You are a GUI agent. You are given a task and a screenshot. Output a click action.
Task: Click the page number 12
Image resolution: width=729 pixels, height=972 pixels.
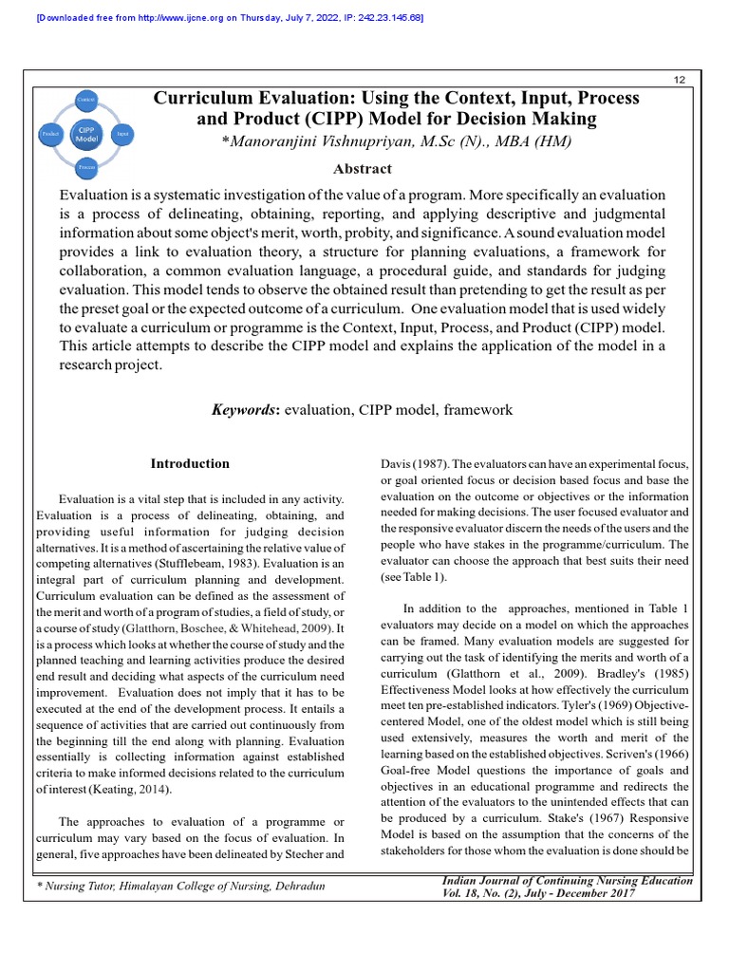(679, 79)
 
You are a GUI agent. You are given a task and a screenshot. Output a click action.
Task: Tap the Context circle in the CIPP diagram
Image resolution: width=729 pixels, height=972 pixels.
(85, 100)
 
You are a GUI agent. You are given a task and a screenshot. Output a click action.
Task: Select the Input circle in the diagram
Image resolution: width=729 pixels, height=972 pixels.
(122, 134)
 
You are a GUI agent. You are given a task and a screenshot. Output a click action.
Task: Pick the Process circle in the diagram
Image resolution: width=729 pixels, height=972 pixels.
(85, 167)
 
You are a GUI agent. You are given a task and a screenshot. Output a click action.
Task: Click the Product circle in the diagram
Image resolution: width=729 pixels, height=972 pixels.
(50, 134)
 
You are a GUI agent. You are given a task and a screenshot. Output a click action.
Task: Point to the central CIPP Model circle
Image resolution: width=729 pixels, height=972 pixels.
(86, 134)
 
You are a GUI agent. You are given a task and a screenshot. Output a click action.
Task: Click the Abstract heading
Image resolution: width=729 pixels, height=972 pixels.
(362, 169)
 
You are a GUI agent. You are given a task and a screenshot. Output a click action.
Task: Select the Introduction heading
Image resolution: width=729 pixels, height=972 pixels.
(190, 464)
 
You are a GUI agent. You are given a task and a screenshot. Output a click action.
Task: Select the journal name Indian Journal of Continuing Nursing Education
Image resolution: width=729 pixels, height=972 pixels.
(568, 881)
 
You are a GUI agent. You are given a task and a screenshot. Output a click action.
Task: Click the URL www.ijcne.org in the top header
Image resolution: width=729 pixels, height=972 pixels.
(190, 18)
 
